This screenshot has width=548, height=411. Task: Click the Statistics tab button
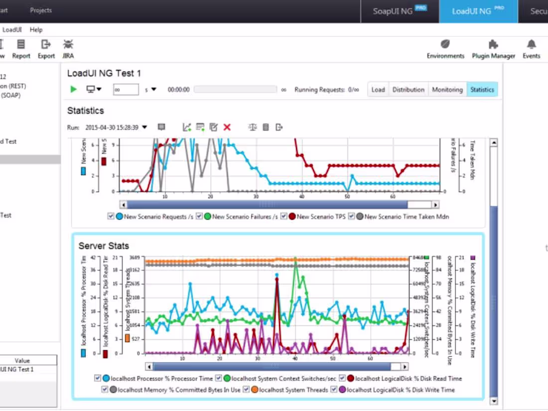482,90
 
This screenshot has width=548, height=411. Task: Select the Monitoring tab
447,90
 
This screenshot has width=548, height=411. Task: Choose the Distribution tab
409,90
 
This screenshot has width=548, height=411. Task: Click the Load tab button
378,90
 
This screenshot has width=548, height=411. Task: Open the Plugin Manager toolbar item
493,44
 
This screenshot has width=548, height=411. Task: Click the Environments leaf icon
445,44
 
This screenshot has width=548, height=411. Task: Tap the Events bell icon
532,44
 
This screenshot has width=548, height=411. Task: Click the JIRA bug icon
68,44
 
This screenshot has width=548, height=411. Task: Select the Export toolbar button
46,44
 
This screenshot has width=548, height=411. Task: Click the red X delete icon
227,128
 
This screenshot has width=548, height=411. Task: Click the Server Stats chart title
104,246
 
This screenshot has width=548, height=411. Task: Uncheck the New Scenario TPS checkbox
284,216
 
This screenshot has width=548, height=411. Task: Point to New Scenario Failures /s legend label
245,217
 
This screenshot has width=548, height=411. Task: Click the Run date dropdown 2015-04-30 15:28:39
116,128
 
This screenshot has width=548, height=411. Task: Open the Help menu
36,30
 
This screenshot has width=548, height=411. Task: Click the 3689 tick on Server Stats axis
135,258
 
